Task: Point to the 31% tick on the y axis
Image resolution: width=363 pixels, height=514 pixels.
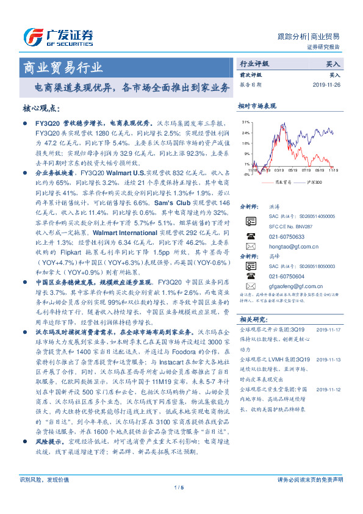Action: point(245,122)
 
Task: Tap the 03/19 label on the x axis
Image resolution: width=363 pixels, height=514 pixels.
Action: point(279,171)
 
